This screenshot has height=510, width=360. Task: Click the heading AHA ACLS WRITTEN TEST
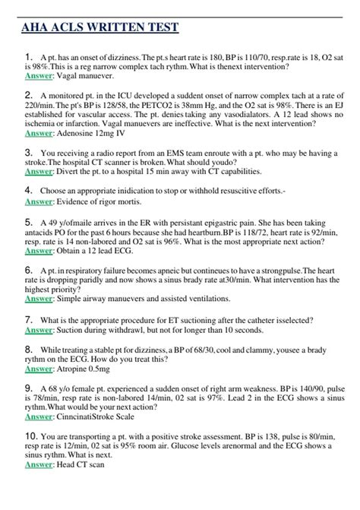point(97,27)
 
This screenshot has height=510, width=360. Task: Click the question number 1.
point(29,56)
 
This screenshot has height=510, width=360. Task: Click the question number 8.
point(29,349)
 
